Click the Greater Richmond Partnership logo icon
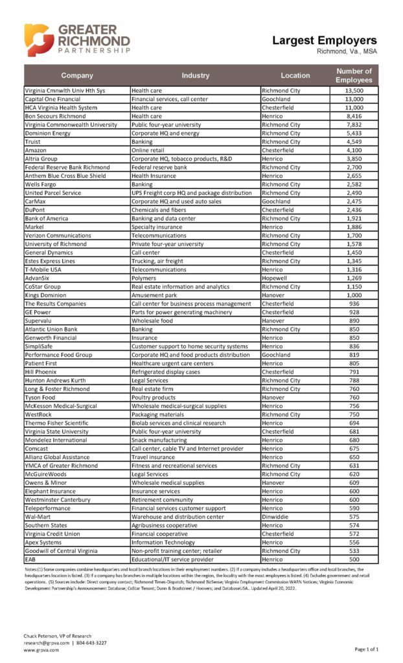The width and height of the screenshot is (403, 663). click(x=39, y=40)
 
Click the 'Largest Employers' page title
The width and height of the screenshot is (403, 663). click(x=324, y=40)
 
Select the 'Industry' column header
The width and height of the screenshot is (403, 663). click(x=195, y=76)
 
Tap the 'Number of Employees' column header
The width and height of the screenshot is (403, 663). click(x=354, y=76)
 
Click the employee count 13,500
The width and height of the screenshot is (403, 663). click(x=354, y=91)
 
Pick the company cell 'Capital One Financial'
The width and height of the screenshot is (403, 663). click(x=52, y=99)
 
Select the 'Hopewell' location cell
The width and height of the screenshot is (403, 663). click(x=277, y=278)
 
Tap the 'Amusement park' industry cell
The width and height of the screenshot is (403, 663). click(x=156, y=295)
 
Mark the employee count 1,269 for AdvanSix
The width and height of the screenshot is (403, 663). click(x=354, y=278)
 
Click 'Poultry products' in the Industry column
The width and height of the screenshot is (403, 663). click(x=154, y=397)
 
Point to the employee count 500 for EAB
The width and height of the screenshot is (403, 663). click(x=354, y=559)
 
